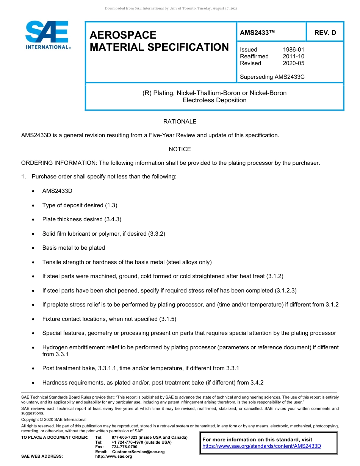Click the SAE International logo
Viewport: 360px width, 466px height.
pos(47,35)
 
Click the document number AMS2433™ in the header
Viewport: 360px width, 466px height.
pos(257,33)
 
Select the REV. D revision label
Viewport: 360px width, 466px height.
pos(325,33)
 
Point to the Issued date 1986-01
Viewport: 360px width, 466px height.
pos(293,50)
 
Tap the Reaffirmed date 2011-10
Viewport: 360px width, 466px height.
pos(293,56)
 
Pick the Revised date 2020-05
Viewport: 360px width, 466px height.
pos(293,63)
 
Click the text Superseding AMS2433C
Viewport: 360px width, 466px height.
pos(272,77)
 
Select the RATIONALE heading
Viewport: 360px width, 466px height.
pos(180,122)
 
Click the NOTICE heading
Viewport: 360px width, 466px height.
pos(180,149)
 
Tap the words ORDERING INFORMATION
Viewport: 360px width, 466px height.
pos(59,163)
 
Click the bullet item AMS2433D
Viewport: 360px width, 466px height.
pos(57,191)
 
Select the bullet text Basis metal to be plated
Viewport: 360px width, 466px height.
pos(74,248)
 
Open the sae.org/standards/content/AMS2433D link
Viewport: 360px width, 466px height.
pos(261,446)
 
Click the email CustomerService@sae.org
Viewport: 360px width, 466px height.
pos(138,452)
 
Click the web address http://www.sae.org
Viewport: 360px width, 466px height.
pos(114,457)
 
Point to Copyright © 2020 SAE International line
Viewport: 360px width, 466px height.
pos(54,419)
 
